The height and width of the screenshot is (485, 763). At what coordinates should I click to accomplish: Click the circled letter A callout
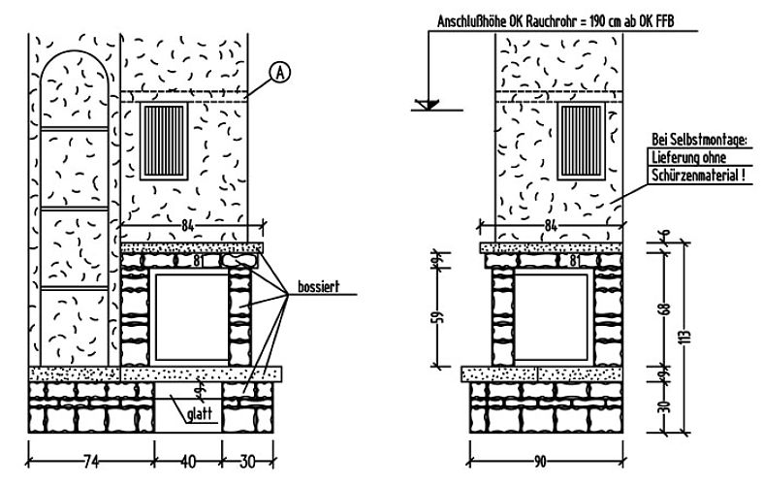[280, 73]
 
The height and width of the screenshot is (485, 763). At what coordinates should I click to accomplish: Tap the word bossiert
[319, 287]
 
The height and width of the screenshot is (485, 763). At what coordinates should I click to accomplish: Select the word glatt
[200, 414]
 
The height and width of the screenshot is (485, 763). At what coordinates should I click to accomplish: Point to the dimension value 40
[188, 461]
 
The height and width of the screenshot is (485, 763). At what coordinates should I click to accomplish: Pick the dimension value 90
[540, 461]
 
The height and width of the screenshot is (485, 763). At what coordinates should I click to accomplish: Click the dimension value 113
[686, 336]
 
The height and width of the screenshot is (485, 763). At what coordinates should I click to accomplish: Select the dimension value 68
[665, 308]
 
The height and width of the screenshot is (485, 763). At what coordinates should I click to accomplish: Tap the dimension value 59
[438, 316]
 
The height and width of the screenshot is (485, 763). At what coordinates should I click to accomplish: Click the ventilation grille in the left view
[164, 142]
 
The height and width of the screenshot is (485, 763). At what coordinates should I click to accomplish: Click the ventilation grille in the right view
[581, 142]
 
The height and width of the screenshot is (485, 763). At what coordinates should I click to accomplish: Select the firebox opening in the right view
[552, 318]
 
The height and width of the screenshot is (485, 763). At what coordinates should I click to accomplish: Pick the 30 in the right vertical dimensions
[665, 405]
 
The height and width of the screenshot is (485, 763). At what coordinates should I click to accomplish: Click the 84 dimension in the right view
[551, 225]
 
